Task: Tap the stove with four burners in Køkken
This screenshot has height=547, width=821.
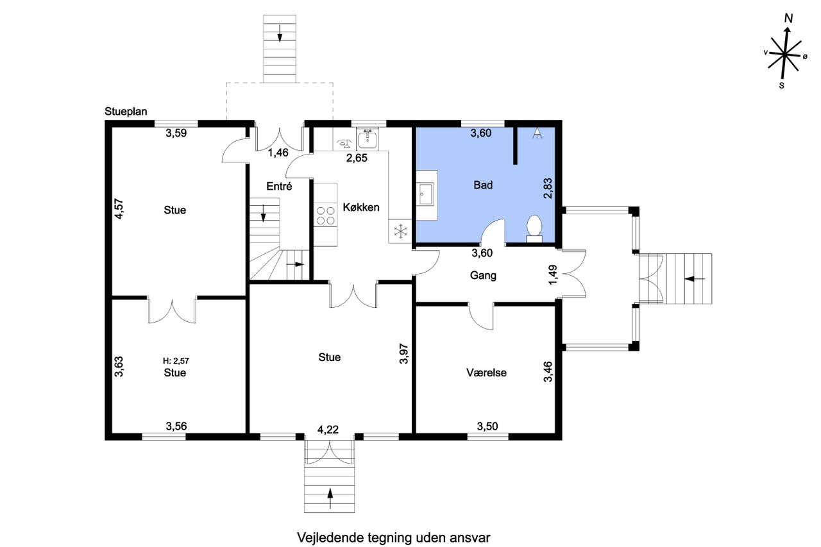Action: (326, 215)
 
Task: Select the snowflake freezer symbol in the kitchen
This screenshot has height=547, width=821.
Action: (401, 231)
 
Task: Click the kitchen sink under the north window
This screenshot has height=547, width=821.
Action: (368, 139)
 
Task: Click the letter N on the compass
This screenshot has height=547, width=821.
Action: (789, 19)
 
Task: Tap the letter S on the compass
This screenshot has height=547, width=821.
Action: (782, 86)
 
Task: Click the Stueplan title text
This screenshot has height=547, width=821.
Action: (126, 112)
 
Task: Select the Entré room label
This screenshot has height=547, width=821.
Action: (279, 186)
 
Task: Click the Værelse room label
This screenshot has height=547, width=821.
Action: (486, 373)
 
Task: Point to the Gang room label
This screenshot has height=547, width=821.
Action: (483, 276)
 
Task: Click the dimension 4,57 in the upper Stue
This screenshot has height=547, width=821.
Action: (119, 209)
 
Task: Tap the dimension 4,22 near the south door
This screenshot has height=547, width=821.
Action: (328, 430)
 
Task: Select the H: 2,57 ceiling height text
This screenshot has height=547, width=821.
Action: (176, 361)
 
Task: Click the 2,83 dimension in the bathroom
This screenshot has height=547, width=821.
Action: (548, 189)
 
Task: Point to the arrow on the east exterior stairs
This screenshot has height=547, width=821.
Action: (695, 279)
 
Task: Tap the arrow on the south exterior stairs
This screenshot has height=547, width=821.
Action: (330, 498)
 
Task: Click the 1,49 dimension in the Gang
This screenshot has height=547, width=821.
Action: (554, 274)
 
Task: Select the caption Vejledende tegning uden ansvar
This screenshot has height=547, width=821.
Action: (394, 537)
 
